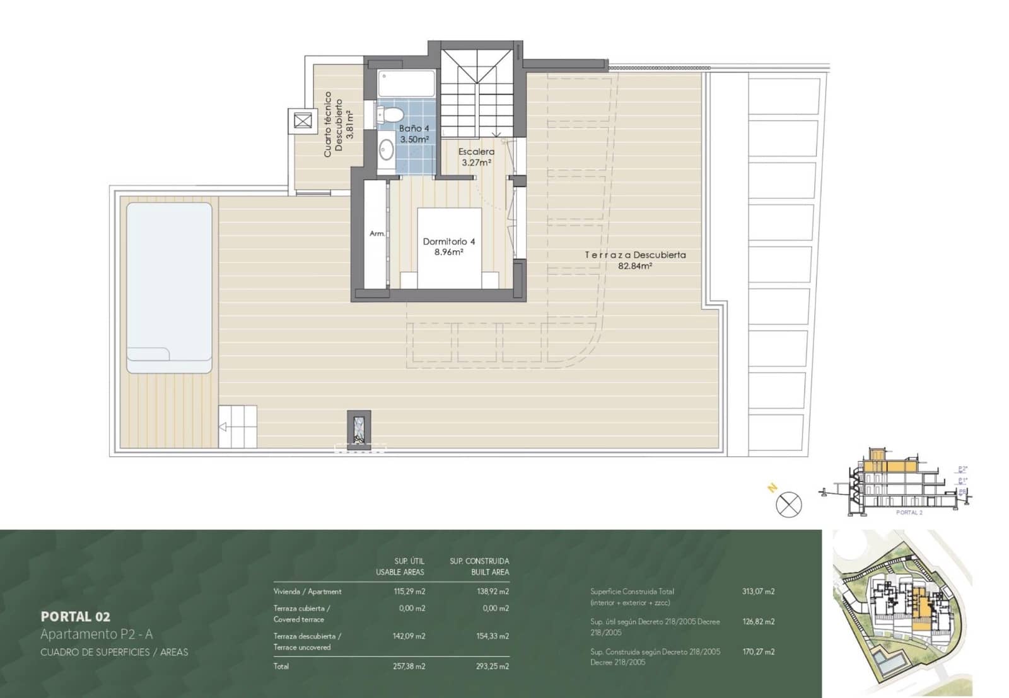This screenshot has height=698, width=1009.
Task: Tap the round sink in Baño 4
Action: (x=386, y=150)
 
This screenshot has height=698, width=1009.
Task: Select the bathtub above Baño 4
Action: (x=406, y=84)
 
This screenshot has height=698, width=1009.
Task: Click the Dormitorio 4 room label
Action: (x=448, y=242)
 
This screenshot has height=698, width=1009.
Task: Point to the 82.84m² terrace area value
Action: (x=634, y=266)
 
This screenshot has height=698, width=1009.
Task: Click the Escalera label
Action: (x=476, y=152)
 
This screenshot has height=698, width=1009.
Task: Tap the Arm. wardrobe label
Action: (x=376, y=234)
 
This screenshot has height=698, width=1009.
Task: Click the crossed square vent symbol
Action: (x=303, y=120)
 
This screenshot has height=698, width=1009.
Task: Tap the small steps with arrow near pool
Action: (x=238, y=426)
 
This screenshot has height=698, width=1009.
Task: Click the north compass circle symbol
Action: (x=788, y=504)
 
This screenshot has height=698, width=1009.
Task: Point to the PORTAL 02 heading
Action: (x=75, y=617)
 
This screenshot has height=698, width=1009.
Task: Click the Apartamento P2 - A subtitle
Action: (x=96, y=634)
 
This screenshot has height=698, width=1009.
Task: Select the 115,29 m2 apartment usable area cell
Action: (x=409, y=592)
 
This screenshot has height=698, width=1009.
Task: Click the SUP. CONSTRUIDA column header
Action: (x=479, y=561)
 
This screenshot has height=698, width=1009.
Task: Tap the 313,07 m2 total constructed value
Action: (x=758, y=592)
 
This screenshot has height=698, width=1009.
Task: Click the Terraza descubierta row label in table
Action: (x=307, y=636)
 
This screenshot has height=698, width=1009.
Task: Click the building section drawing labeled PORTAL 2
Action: (x=895, y=482)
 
